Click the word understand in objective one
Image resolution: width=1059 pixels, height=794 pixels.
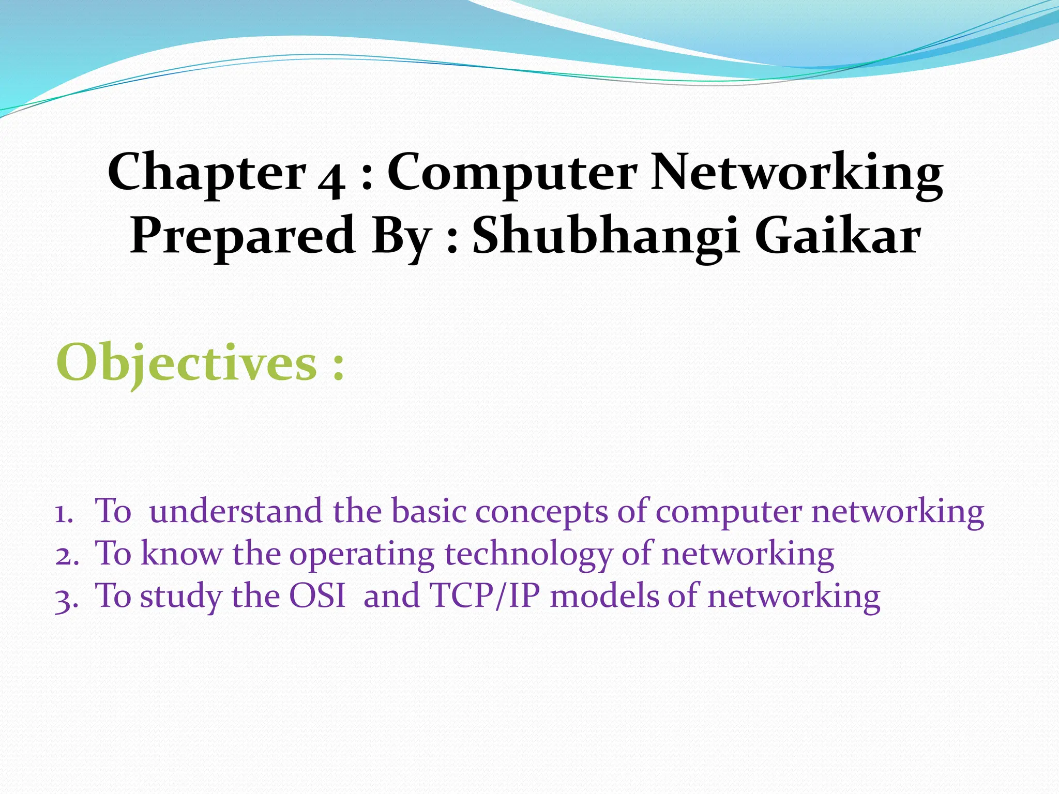tap(236, 511)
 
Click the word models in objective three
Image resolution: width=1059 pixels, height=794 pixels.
tap(604, 596)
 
